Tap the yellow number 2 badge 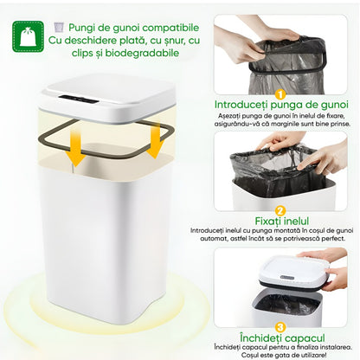[280, 209]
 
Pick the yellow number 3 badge [280, 326]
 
